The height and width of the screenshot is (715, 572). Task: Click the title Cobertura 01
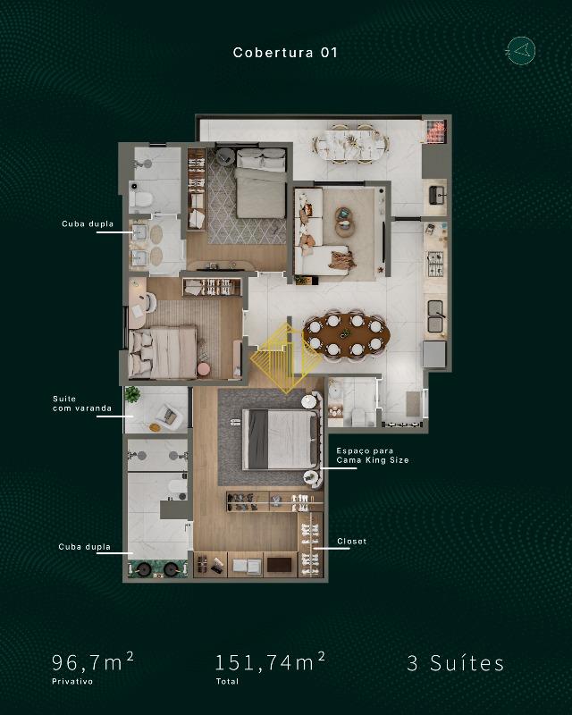285,53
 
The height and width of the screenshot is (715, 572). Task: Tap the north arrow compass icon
520,50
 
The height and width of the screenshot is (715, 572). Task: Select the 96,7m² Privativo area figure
93,668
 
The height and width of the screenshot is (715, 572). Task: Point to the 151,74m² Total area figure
270,668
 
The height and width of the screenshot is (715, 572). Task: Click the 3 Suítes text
456,663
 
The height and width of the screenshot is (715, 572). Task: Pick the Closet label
351,542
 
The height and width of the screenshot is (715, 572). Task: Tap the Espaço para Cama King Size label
372,456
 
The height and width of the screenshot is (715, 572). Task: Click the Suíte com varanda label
82,404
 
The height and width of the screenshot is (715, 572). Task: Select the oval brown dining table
346,334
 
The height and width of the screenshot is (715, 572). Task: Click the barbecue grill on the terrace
435,130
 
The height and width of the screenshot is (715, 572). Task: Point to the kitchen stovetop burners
434,264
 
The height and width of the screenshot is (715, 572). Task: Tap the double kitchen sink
435,316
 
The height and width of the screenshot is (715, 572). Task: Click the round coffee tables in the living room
344,222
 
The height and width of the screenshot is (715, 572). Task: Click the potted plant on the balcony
131,394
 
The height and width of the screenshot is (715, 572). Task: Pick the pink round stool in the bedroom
204,369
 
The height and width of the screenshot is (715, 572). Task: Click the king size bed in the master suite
280,439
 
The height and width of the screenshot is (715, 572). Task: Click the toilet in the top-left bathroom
140,199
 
